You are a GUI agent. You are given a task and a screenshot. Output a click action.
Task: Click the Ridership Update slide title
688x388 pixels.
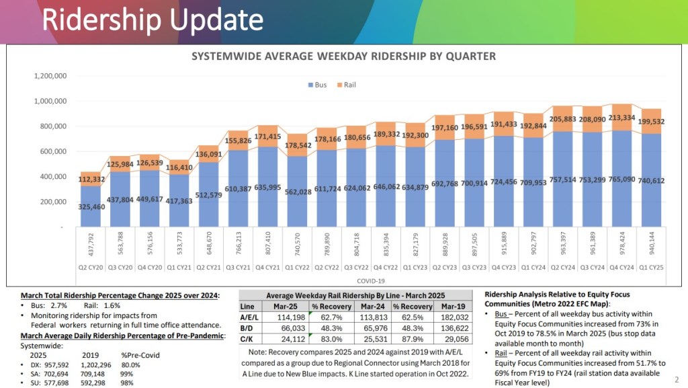(x=153, y=20)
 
